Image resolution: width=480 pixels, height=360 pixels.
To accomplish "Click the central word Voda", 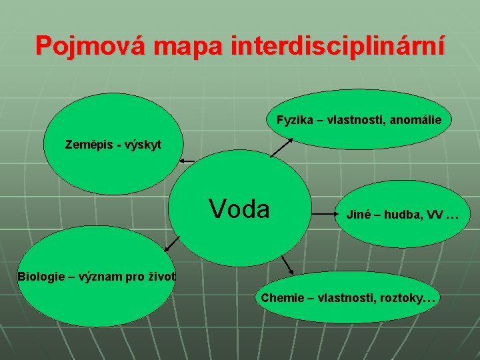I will pos(239,209).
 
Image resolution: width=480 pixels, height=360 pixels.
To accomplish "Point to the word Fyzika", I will pos(293,121).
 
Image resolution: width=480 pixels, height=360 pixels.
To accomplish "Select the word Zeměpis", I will pos(89,144).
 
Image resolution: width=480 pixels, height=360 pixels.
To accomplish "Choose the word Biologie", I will pos(39,276).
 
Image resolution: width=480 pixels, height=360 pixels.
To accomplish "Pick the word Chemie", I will pos(279,298).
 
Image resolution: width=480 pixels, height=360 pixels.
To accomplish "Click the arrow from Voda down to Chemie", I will pos(287,265).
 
